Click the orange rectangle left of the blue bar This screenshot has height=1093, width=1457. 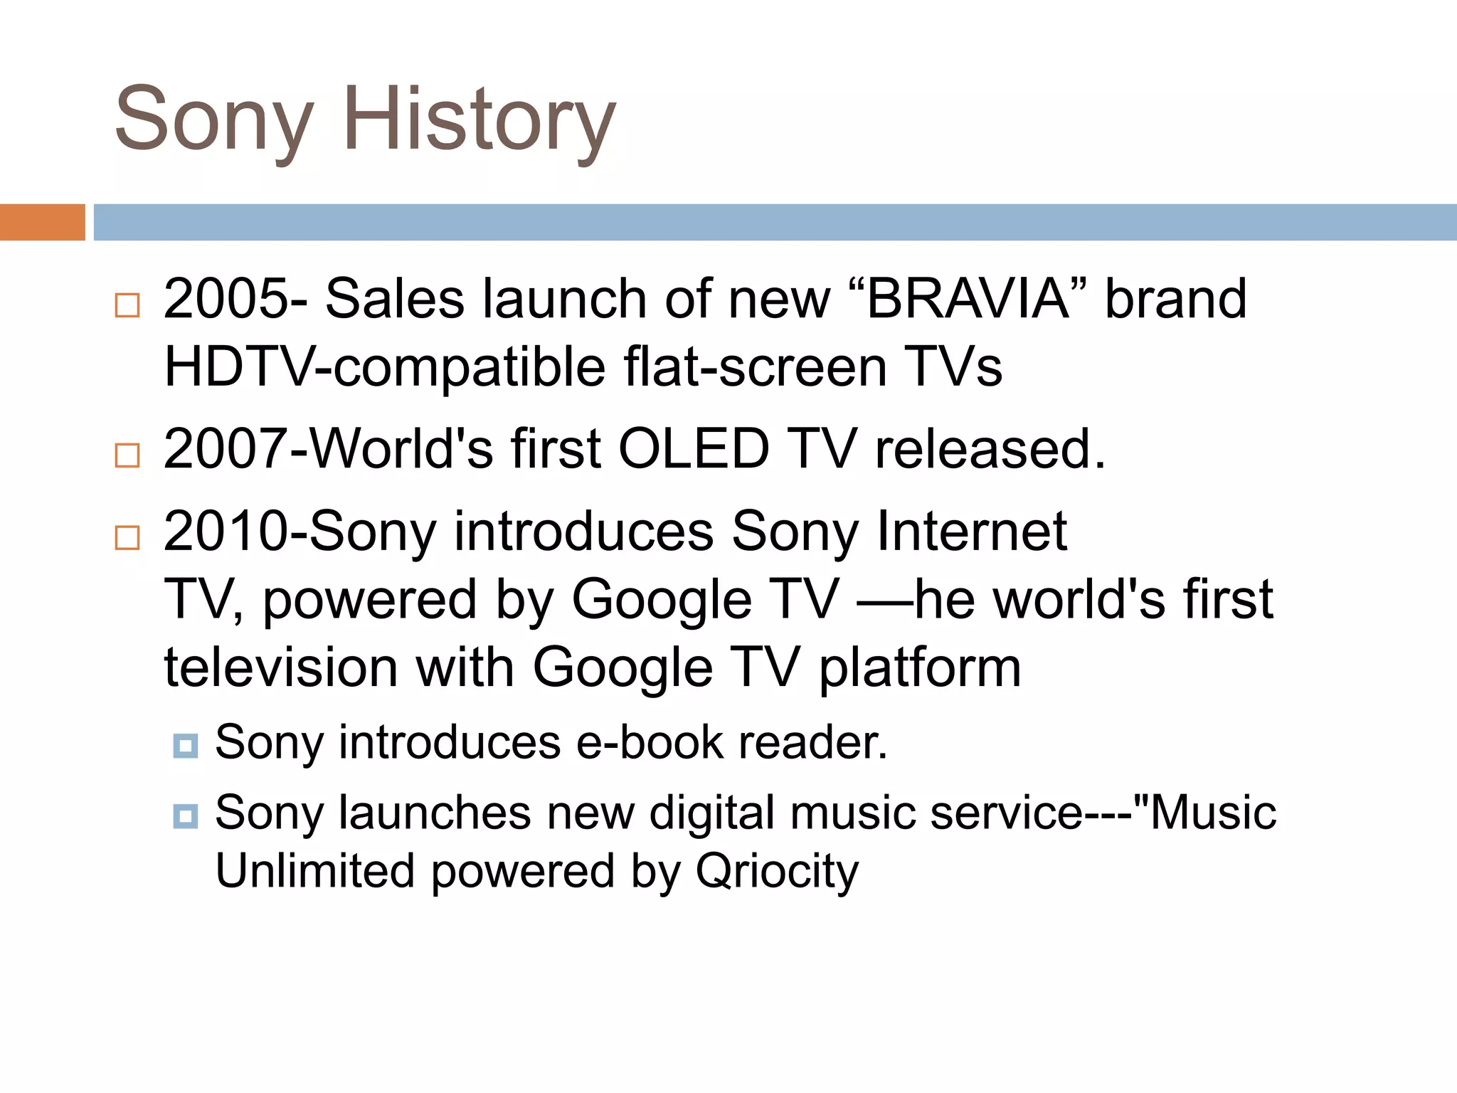(x=42, y=222)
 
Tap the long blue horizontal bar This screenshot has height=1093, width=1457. (x=775, y=222)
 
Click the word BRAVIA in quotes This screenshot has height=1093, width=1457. (x=968, y=299)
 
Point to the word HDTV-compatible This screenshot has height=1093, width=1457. (x=384, y=368)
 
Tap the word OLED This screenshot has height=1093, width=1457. (x=694, y=449)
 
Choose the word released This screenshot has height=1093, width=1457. (x=990, y=449)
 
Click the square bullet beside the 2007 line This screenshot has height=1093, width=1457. (x=127, y=455)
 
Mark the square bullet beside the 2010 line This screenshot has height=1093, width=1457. (x=127, y=537)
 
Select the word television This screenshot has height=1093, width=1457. (x=280, y=668)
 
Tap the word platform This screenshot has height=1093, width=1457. (x=920, y=668)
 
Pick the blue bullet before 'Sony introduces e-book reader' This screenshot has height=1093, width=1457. (x=186, y=746)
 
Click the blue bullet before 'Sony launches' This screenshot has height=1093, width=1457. (x=186, y=815)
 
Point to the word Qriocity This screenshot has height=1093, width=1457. (x=777, y=872)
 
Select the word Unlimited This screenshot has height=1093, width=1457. (x=314, y=871)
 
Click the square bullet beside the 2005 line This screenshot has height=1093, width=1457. (x=127, y=305)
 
